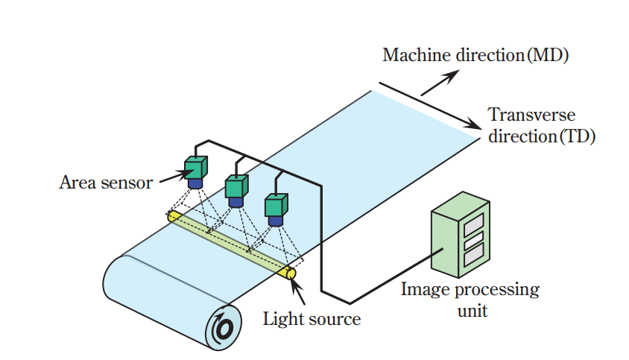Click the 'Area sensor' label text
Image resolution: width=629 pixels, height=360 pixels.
click(105, 181)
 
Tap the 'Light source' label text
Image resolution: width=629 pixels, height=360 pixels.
click(312, 320)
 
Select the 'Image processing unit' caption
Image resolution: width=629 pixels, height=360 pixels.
click(470, 298)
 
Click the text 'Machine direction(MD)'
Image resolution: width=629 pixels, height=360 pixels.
click(475, 54)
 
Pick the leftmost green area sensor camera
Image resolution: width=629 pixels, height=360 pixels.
click(196, 167)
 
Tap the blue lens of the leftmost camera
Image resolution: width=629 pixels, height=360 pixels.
click(195, 182)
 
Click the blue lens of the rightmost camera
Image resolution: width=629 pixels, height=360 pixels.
click(276, 221)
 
